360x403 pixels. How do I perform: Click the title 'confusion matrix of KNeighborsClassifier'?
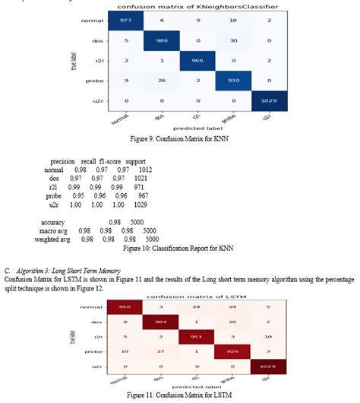pyautogui.click(x=201, y=7)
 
